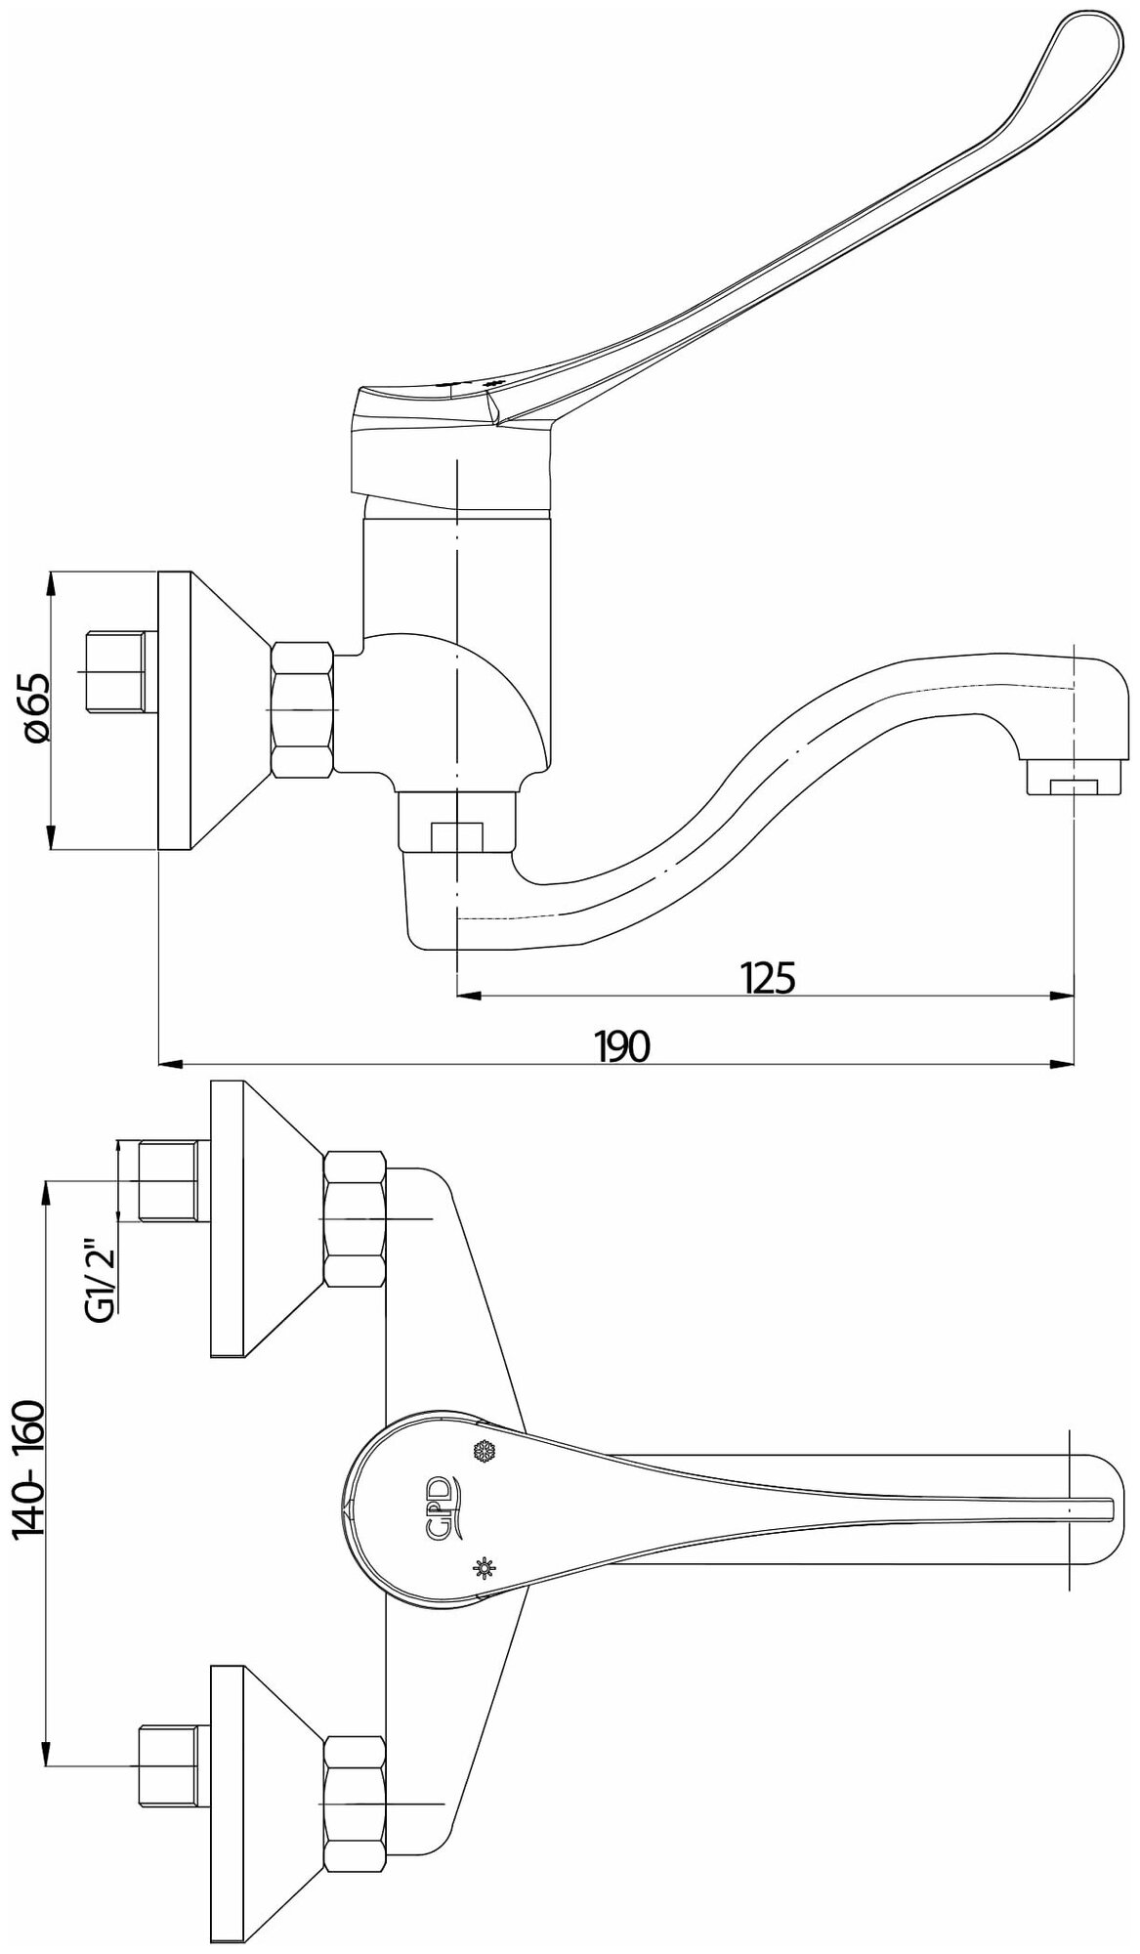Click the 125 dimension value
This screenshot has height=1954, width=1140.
(768, 977)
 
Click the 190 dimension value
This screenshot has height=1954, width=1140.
(623, 1046)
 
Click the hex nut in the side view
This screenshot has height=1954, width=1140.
(303, 709)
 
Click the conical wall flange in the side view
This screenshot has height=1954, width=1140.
(210, 709)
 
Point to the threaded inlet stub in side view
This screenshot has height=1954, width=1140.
(117, 671)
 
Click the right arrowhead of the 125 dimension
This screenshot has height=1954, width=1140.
(1064, 997)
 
